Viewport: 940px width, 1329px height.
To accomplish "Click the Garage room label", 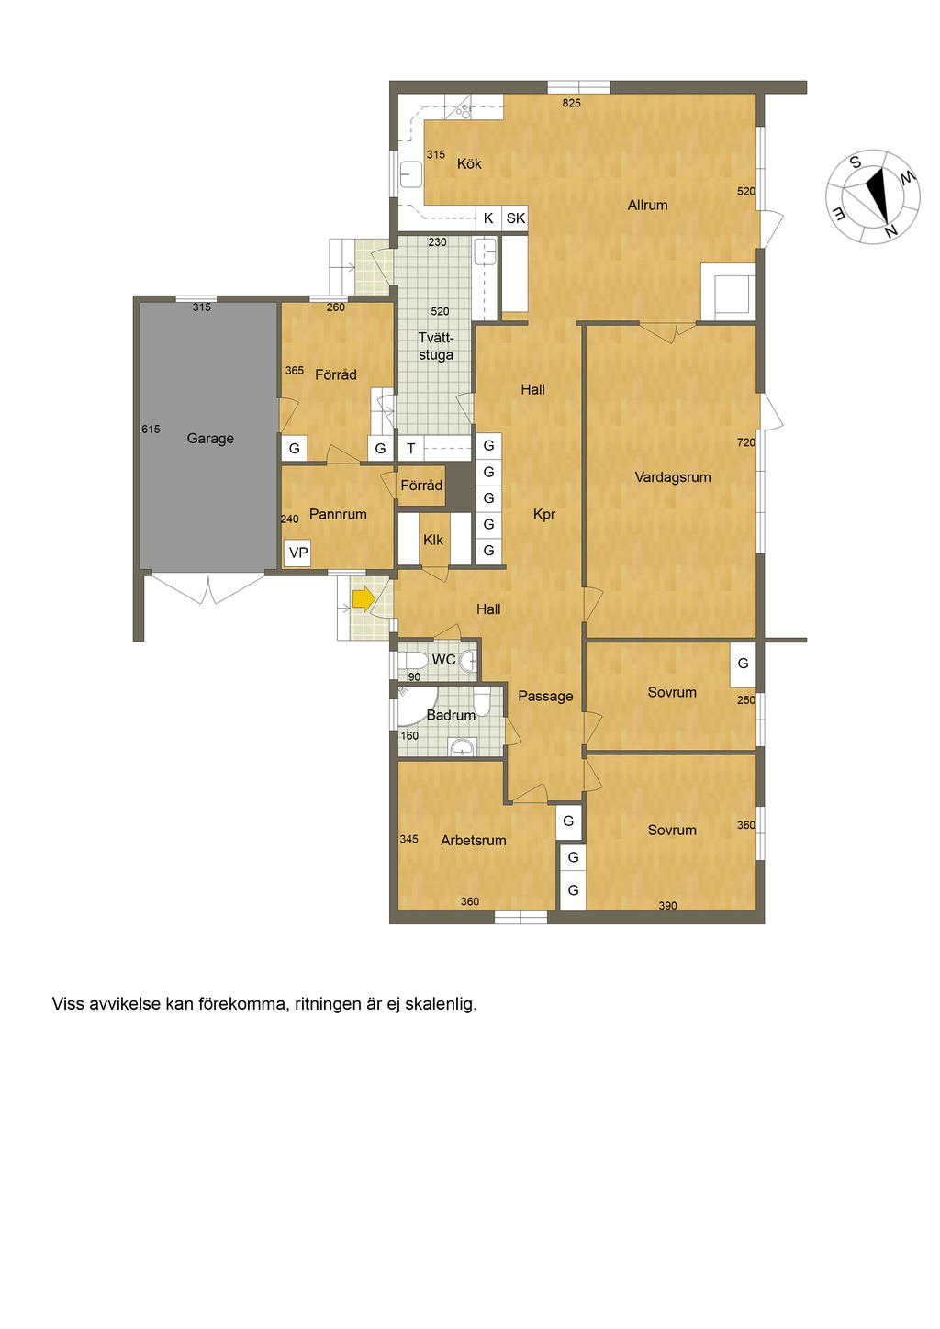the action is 210,439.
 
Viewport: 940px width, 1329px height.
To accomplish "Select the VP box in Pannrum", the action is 298,553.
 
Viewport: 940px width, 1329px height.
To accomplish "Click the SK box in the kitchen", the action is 515,218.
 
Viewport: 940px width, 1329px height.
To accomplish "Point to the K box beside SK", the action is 488,218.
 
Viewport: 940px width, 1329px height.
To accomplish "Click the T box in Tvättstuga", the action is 410,448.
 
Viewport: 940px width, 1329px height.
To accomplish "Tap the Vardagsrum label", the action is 672,477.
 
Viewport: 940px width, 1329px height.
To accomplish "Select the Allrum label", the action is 647,206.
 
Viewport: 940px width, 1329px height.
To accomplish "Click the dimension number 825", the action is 571,103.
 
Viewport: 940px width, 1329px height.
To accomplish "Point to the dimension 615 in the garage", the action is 151,429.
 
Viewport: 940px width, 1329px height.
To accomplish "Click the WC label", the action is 443,660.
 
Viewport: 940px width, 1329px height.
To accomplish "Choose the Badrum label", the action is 451,716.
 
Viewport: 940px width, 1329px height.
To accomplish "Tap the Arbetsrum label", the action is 473,840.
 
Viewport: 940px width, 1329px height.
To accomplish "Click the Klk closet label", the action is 433,540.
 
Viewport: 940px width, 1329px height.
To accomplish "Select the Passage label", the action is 545,696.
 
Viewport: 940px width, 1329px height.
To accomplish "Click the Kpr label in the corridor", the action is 544,514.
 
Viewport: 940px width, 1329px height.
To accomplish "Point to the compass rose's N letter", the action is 890,232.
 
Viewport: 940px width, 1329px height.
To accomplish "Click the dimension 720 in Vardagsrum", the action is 746,442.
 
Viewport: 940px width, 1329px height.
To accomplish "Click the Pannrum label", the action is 338,514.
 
